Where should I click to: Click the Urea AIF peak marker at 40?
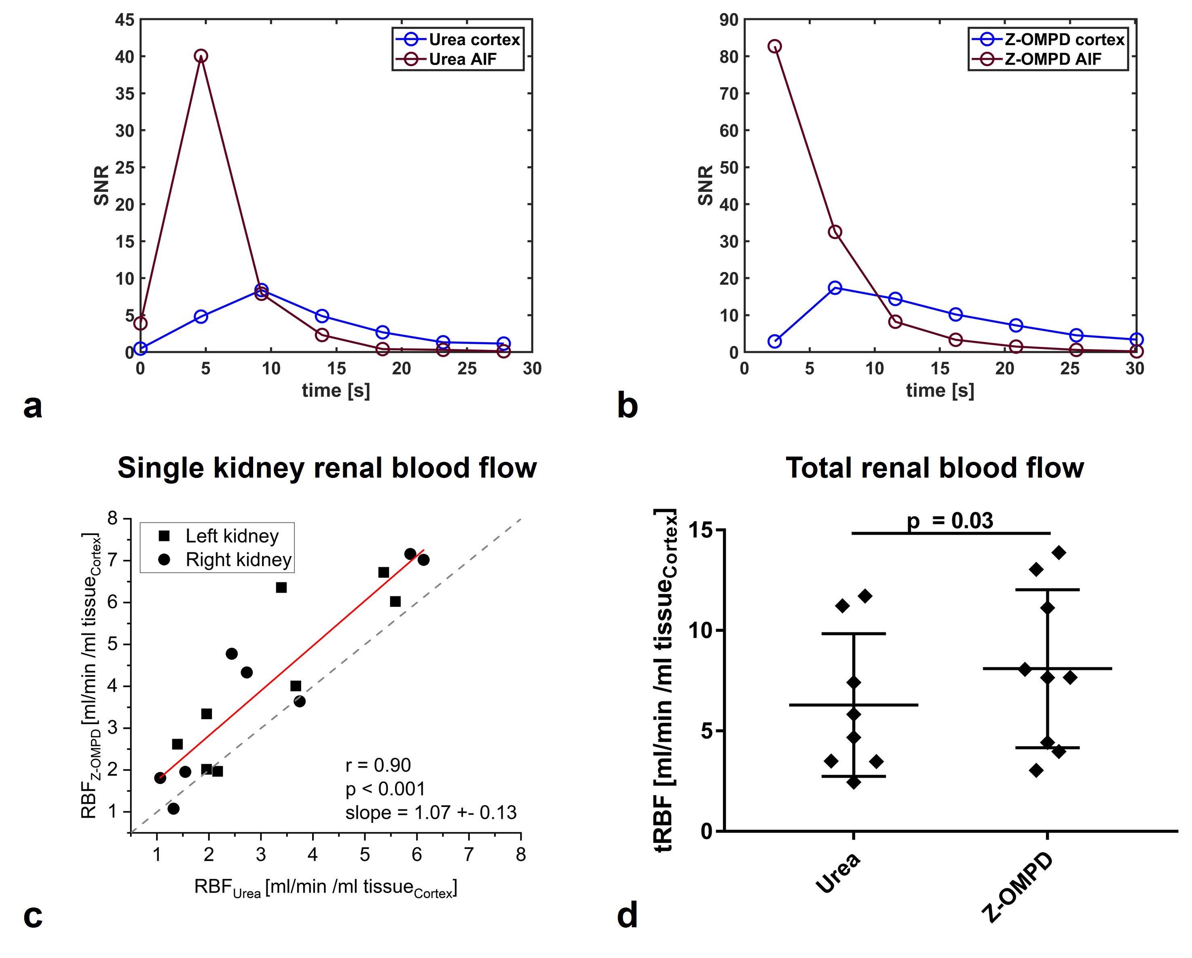(x=201, y=56)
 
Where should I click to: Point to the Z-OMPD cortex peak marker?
(x=835, y=287)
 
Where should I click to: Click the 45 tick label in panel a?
(x=125, y=20)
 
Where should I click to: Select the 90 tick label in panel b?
(x=729, y=20)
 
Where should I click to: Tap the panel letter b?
(x=627, y=406)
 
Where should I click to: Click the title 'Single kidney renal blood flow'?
(x=327, y=468)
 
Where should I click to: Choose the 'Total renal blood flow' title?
(x=934, y=468)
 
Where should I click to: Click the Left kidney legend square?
(x=164, y=536)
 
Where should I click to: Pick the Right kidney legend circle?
(x=164, y=560)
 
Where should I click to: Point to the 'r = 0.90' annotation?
(x=378, y=765)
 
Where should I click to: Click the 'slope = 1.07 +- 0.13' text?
(x=431, y=813)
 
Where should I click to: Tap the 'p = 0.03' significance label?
(x=950, y=520)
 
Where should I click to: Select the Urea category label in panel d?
(x=838, y=873)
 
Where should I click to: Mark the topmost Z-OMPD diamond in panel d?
(x=1059, y=552)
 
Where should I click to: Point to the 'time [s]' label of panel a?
(x=336, y=391)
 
